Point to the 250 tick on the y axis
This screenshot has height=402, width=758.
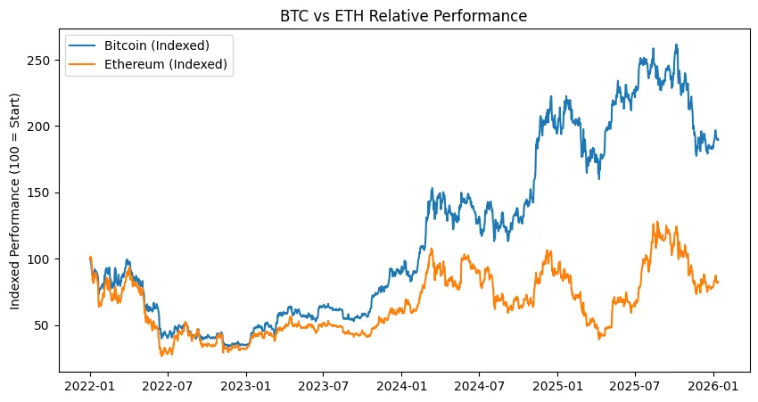pyautogui.click(x=40, y=61)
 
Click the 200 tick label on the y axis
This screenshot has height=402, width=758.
pyautogui.click(x=40, y=127)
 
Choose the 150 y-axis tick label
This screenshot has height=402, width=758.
pyautogui.click(x=40, y=193)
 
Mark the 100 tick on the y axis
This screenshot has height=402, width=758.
pyautogui.click(x=40, y=258)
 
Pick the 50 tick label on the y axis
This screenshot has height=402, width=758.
pyautogui.click(x=44, y=325)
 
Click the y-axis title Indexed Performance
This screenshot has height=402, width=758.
pyautogui.click(x=15, y=200)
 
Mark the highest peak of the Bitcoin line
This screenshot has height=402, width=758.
pyautogui.click(x=676, y=45)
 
